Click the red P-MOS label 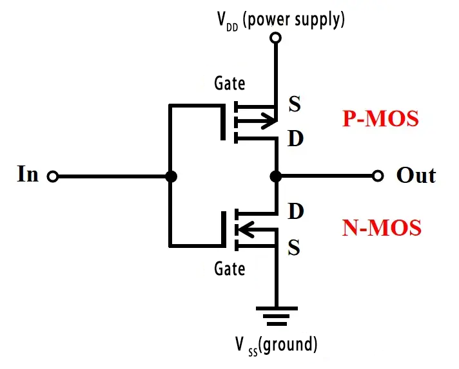click(x=381, y=119)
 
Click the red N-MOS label click(x=382, y=227)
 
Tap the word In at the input click(x=28, y=175)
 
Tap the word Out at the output click(x=416, y=176)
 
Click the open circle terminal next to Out click(x=378, y=176)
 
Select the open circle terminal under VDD click(x=275, y=39)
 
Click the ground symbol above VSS click(x=276, y=316)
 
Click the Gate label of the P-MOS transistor click(x=229, y=84)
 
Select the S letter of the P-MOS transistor click(x=295, y=105)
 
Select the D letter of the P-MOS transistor click(x=295, y=138)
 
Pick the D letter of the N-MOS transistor click(x=295, y=211)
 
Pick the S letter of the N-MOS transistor click(x=295, y=247)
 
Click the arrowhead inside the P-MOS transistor click(x=267, y=120)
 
